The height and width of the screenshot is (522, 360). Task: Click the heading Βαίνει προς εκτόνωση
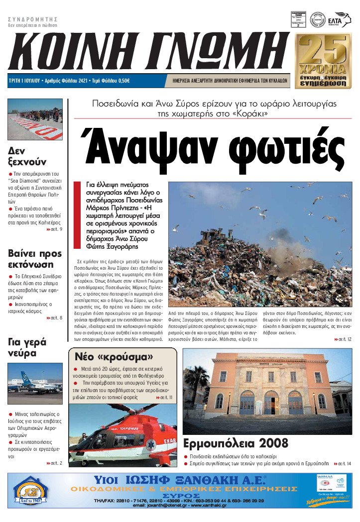pos(34,259)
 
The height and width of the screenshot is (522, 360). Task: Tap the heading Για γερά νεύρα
pos(27,347)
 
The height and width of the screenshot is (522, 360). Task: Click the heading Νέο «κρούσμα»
pos(114,357)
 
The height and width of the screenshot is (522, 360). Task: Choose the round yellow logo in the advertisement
pos(31,492)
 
